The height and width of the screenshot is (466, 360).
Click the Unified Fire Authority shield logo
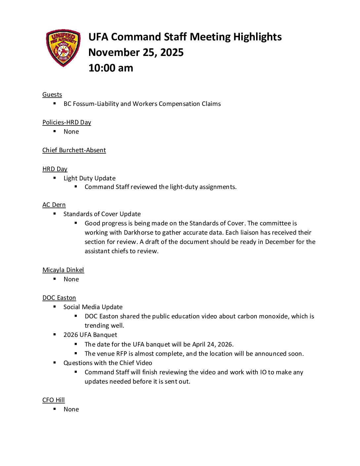tap(63, 48)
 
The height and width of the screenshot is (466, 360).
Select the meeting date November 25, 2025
tap(136, 52)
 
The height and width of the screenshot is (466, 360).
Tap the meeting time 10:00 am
tap(111, 68)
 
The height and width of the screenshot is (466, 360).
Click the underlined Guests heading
tap(52, 95)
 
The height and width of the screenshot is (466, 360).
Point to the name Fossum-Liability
tap(96, 104)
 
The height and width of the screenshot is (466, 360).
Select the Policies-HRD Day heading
tap(67, 122)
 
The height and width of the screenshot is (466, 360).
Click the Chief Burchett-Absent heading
tap(74, 150)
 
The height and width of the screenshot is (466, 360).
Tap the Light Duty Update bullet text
tap(89, 178)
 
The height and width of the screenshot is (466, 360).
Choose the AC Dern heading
tap(54, 205)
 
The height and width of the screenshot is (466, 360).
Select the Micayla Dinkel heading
tap(63, 270)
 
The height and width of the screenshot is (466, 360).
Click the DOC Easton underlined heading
tap(59, 298)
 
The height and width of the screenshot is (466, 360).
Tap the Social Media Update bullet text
tap(93, 307)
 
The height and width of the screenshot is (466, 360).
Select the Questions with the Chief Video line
tap(108, 363)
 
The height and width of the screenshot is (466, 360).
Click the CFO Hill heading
tap(53, 400)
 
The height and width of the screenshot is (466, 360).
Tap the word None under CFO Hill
tap(71, 409)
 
